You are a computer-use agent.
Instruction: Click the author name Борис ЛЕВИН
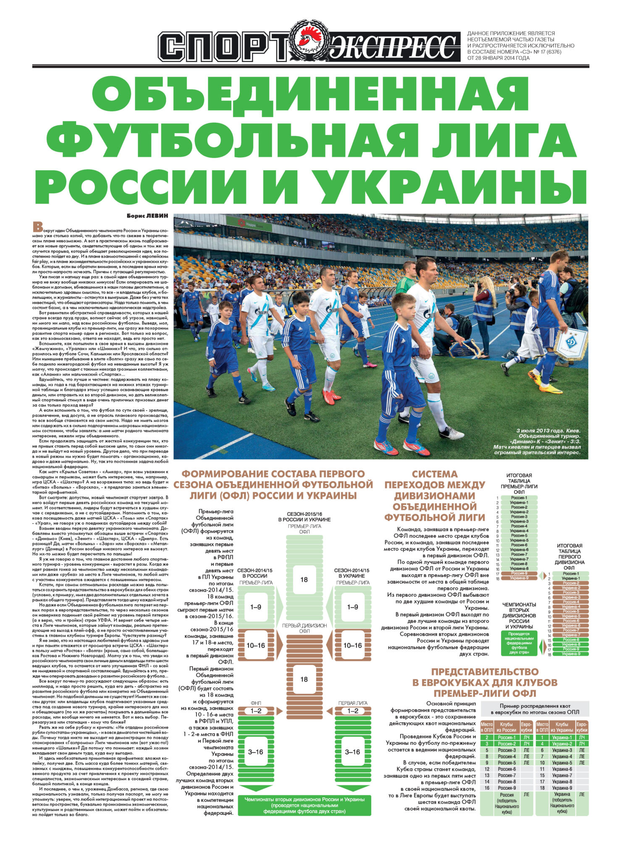147,216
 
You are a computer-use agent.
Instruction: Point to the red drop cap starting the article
38,227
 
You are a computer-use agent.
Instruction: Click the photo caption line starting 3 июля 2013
548,431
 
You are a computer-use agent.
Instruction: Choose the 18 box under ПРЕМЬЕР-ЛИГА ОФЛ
304,579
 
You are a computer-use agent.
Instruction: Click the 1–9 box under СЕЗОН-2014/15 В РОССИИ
255,607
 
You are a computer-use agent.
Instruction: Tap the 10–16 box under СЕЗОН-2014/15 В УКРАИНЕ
353,645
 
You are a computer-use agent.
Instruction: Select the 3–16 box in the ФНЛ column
255,752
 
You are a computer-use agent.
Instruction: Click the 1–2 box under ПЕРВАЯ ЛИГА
353,711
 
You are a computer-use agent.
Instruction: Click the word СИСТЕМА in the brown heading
434,474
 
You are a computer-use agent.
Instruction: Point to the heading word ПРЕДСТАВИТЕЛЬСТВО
485,672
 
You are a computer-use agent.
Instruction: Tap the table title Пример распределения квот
535,706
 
